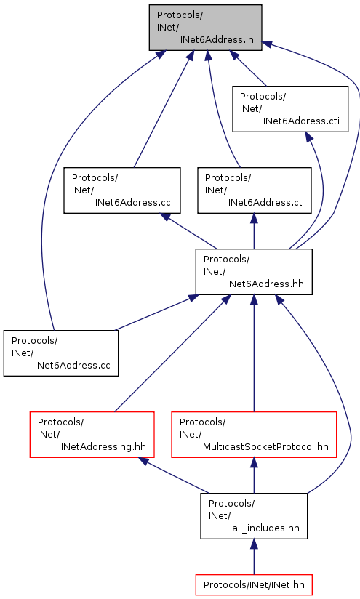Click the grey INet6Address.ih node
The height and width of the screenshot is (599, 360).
(x=205, y=28)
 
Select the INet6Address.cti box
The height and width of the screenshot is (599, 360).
(x=290, y=109)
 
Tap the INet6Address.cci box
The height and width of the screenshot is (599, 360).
(x=122, y=190)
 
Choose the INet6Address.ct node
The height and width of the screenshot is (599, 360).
(x=254, y=190)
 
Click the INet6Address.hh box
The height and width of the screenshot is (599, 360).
(x=254, y=272)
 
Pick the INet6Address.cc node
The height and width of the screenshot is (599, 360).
(x=61, y=353)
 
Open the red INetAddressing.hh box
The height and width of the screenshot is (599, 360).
(x=92, y=435)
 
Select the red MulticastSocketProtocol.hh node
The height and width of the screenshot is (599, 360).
(x=254, y=435)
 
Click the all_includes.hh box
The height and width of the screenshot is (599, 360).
(x=254, y=516)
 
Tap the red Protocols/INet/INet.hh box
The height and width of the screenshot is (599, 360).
(x=254, y=585)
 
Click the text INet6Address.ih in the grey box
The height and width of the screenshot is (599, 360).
(x=217, y=40)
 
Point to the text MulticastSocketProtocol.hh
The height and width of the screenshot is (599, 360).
(x=265, y=447)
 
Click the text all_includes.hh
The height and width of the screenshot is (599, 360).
(x=265, y=528)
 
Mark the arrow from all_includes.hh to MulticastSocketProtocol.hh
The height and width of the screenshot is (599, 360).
(x=254, y=475)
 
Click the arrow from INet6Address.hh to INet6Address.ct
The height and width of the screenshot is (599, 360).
(x=254, y=231)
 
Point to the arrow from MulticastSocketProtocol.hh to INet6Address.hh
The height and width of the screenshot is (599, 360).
(x=254, y=353)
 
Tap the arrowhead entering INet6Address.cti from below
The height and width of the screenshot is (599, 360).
(x=309, y=137)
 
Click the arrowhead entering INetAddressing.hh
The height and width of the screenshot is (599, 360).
(x=144, y=461)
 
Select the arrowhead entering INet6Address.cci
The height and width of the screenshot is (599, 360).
(x=165, y=216)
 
